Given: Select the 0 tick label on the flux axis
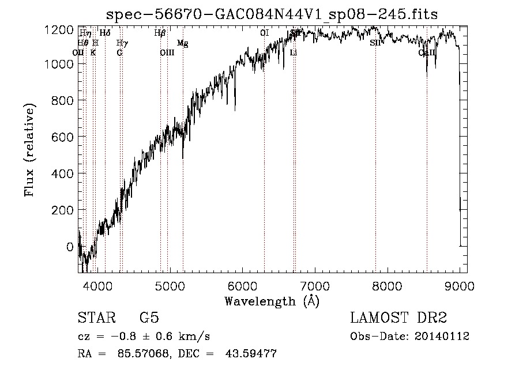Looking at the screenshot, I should tap(69, 247).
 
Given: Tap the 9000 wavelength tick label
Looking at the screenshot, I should tap(460, 286).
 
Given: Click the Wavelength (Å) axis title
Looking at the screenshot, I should tap(272, 301).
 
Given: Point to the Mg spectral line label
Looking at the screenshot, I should tap(182, 43).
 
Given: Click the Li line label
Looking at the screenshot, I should tap(294, 52).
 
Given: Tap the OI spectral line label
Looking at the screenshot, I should tap(264, 33).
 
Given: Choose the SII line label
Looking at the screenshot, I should tap(375, 43).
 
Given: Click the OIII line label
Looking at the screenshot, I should tap(167, 52).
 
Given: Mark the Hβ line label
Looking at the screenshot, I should tap(160, 33).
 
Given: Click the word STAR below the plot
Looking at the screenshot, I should tap(95, 318).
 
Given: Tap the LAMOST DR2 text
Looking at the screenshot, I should tap(398, 318).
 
